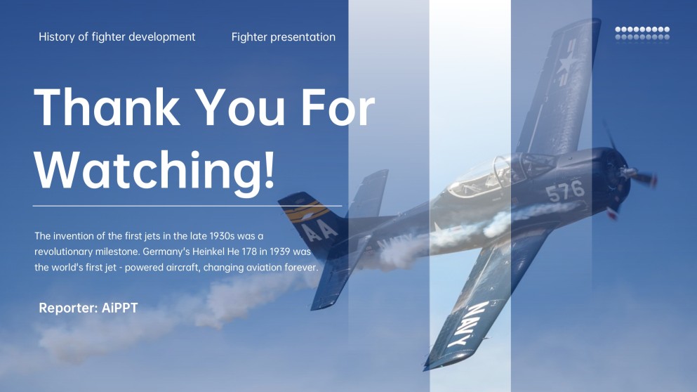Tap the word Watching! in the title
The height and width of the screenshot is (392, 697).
(x=155, y=169)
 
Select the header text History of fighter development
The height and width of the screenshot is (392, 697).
(x=117, y=37)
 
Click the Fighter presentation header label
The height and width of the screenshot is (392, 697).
(x=283, y=37)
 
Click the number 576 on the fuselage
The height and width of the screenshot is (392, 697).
(x=565, y=190)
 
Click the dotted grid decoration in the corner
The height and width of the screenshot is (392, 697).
(x=642, y=33)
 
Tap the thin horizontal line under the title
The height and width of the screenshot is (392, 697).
(x=187, y=207)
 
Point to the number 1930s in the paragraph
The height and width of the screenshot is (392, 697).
(x=206, y=236)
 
